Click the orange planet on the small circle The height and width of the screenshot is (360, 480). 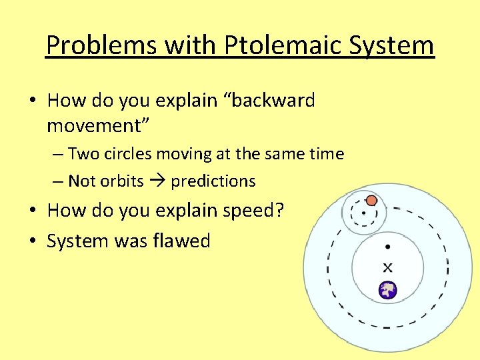pos(372,200)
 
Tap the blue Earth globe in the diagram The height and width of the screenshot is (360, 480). pos(387,290)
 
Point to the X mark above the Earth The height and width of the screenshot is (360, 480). pos(387,267)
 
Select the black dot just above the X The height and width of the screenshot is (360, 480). pos(387,247)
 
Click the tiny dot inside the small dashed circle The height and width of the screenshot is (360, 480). pos(363,213)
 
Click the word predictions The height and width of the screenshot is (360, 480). pos(213,181)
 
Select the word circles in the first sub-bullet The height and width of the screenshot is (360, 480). pos(127,154)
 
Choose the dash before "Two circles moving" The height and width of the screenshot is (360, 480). pos(58,155)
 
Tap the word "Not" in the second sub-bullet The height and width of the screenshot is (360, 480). pos(82,181)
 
